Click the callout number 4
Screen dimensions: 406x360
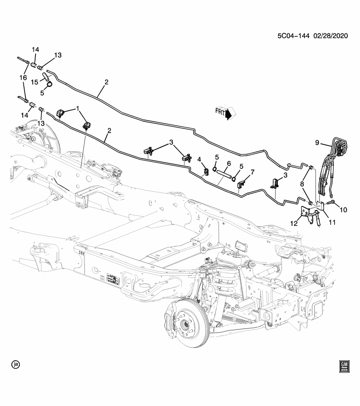pyautogui.click(x=199, y=159)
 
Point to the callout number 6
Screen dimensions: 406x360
pyautogui.click(x=228, y=164)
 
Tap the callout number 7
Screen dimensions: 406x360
pyautogui.click(x=253, y=172)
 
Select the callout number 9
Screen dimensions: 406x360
pyautogui.click(x=318, y=143)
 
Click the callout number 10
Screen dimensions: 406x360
pyautogui.click(x=343, y=209)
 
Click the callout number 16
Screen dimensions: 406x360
pyautogui.click(x=23, y=78)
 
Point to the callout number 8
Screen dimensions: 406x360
pyautogui.click(x=302, y=184)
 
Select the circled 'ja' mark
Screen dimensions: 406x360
pyautogui.click(x=16, y=364)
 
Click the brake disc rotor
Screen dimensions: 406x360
pyautogui.click(x=186, y=324)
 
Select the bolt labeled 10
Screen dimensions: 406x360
pyautogui.click(x=331, y=203)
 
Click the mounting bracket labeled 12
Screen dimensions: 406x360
pyautogui.click(x=307, y=214)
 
